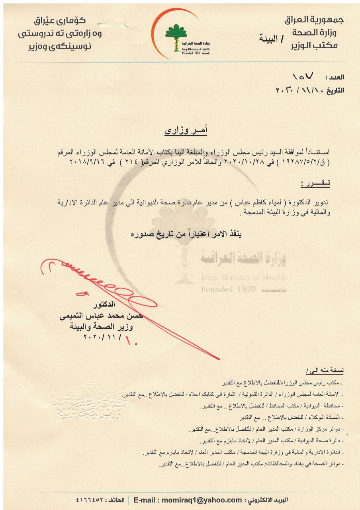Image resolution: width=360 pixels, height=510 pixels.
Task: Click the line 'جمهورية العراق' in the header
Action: (x=314, y=20)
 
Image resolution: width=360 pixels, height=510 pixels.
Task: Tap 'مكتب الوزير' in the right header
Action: (x=318, y=45)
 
